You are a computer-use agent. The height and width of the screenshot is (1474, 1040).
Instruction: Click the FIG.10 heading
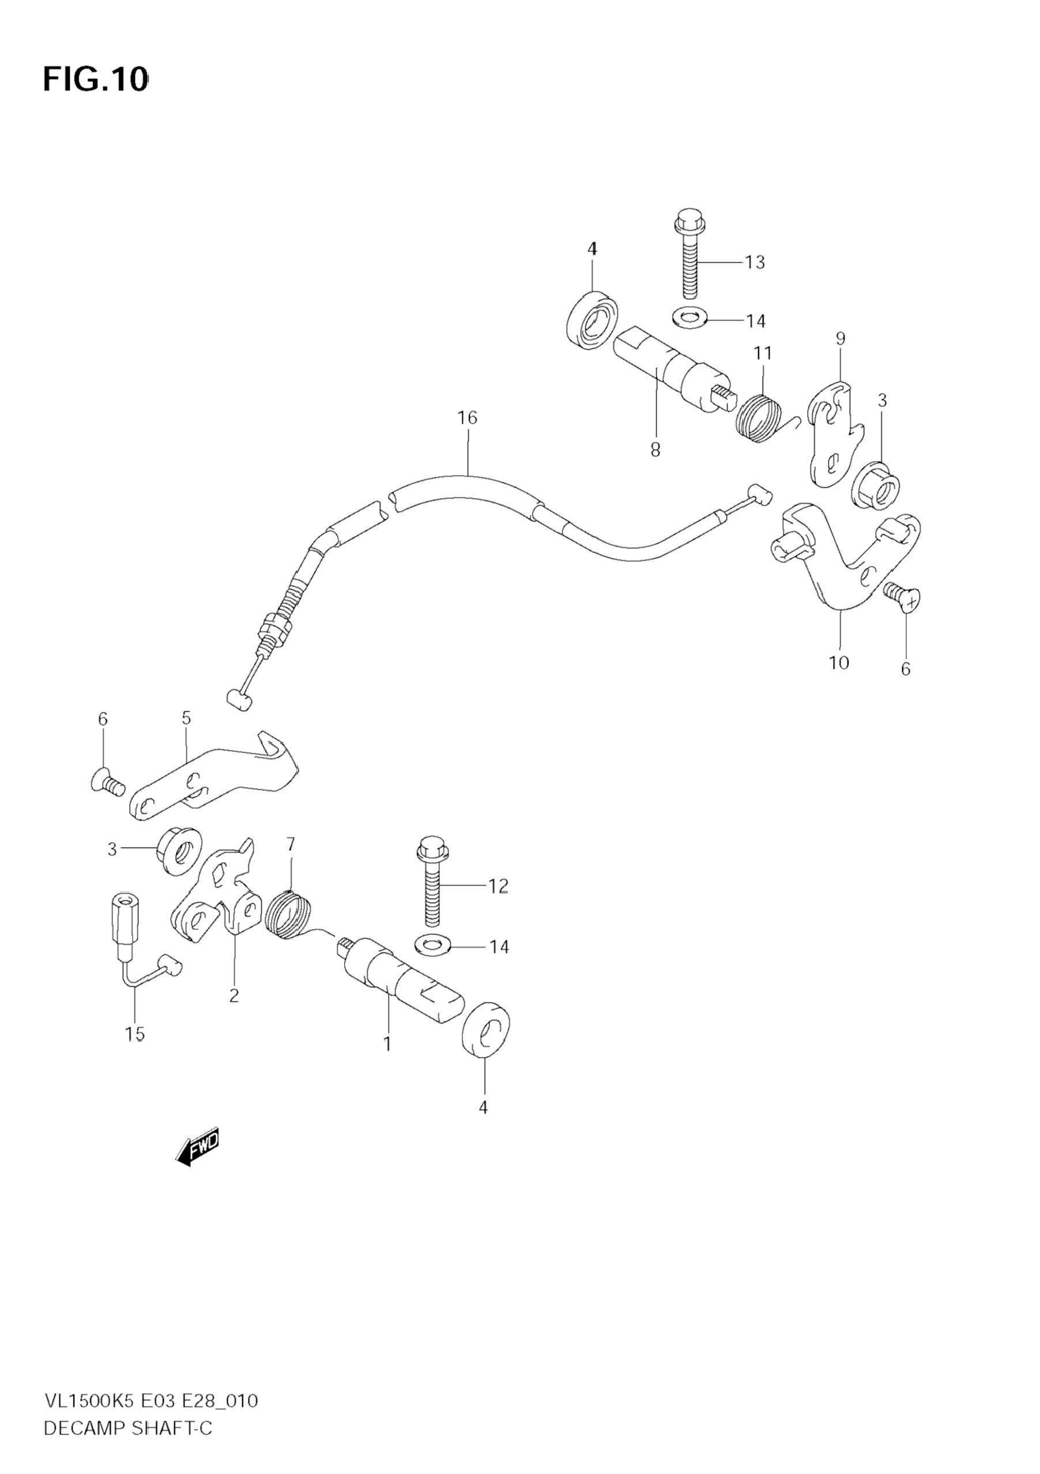click(x=95, y=80)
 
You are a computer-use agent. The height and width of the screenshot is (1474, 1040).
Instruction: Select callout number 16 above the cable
click(x=468, y=418)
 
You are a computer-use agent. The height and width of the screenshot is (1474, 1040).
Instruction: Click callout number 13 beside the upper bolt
click(x=755, y=262)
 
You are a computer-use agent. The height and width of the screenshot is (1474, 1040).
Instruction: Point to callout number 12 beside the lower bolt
click(x=498, y=887)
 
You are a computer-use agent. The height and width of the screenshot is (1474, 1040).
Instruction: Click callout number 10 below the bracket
click(x=839, y=662)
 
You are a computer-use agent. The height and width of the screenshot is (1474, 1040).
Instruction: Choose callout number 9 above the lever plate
click(x=841, y=338)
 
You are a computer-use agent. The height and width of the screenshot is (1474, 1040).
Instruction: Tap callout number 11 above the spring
click(x=763, y=353)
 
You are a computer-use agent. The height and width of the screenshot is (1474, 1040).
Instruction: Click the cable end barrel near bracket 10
click(x=762, y=495)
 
